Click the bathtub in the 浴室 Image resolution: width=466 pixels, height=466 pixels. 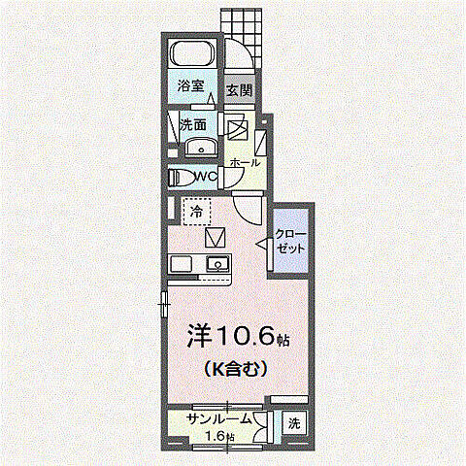193,54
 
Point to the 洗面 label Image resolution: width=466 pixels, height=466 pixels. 193,124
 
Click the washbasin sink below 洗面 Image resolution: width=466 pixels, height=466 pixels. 200,149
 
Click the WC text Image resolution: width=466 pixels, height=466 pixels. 204,177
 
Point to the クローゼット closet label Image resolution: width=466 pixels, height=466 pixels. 289,241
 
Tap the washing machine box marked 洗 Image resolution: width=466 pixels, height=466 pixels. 294,423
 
